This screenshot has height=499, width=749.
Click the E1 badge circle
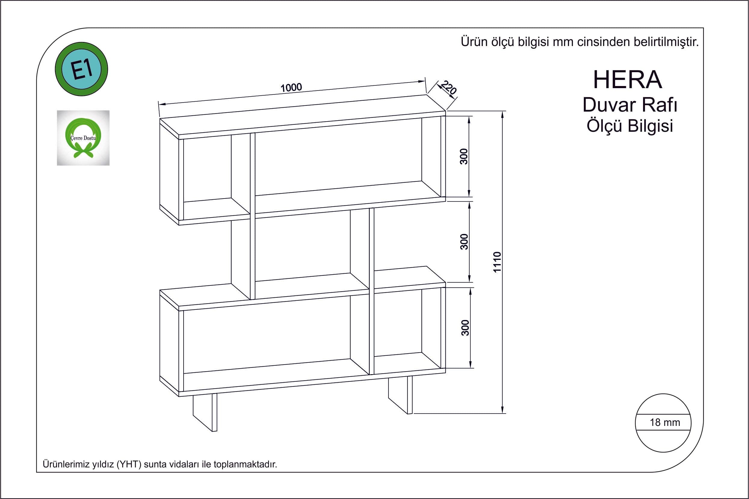coord(82,69)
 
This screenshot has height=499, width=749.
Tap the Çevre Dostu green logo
coord(83,138)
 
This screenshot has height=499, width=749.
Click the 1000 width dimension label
coord(291,87)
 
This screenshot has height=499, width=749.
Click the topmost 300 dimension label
coord(464,156)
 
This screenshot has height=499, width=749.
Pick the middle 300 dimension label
coord(464,242)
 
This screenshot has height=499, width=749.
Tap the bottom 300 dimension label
coord(465,328)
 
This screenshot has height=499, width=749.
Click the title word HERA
coord(628,80)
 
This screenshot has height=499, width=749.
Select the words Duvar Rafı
coord(630,105)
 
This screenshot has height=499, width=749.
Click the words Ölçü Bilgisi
coord(630,126)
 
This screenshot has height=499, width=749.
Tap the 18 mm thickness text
coord(665,422)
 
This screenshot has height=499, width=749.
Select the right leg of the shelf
coord(401,395)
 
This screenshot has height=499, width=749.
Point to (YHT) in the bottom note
coord(129,464)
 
